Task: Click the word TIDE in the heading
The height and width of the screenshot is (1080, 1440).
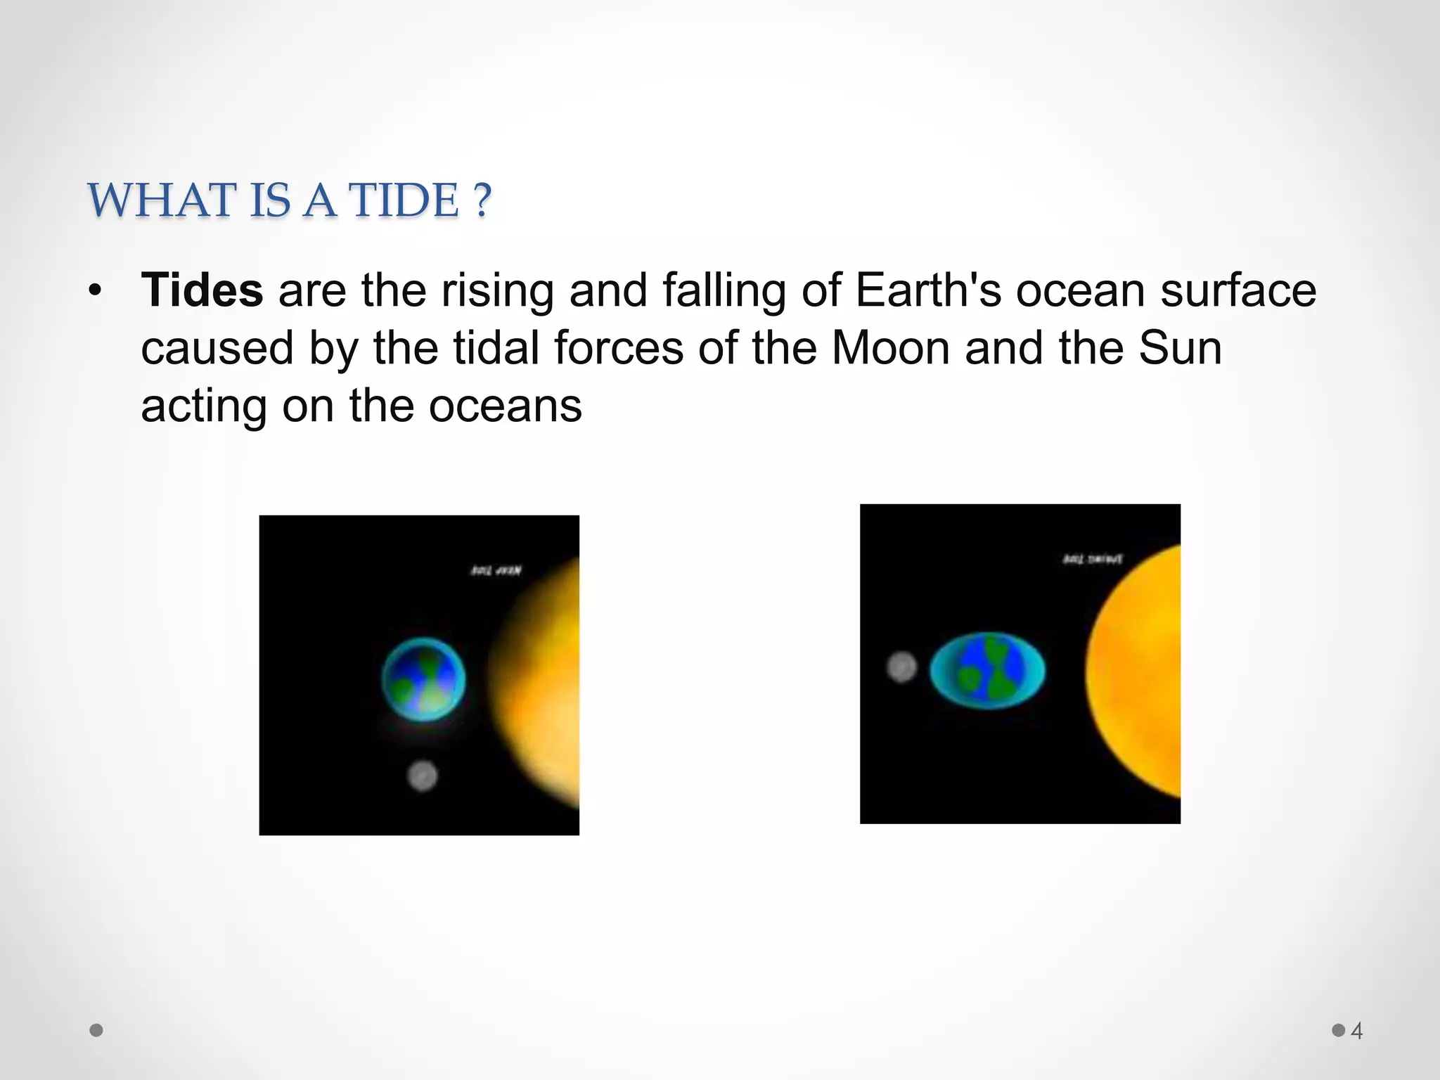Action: [x=404, y=200]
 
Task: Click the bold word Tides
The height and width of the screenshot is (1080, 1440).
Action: [x=202, y=290]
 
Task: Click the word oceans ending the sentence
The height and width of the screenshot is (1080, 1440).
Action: [x=505, y=406]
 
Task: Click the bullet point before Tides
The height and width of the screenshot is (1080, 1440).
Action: [x=95, y=290]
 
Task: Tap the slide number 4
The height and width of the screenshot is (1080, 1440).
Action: [x=1356, y=1031]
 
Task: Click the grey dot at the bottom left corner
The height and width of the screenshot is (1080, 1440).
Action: [x=97, y=1030]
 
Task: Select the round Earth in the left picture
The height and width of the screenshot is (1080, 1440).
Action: [x=423, y=679]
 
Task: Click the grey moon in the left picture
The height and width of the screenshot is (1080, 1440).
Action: [x=423, y=776]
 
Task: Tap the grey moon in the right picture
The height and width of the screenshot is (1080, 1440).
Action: [x=901, y=667]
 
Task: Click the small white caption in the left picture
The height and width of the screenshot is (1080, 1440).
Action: [x=496, y=571]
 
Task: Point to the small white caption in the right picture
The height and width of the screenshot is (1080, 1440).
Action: [x=1092, y=559]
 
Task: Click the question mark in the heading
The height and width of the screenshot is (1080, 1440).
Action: [x=482, y=200]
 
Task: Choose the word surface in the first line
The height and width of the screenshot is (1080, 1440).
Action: [x=1237, y=290]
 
